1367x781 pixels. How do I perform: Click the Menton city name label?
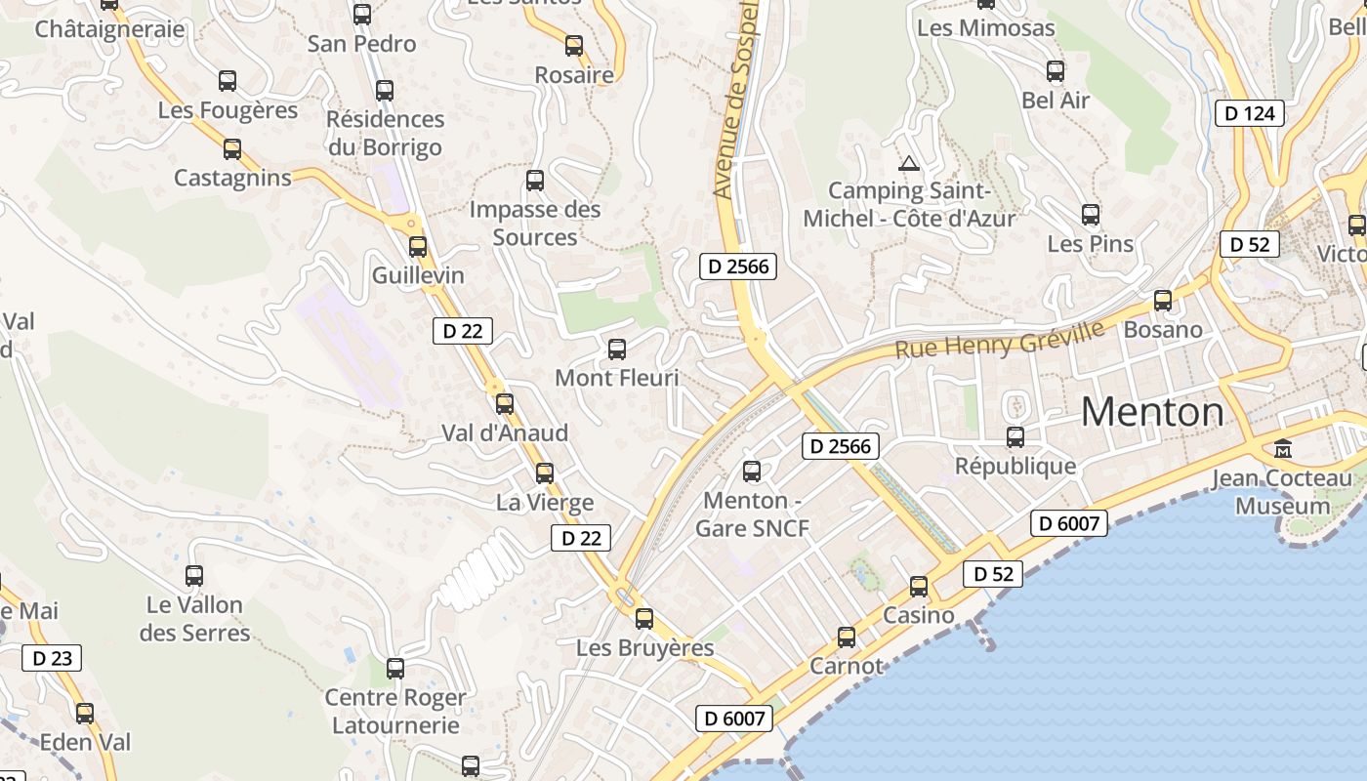pos(1152,412)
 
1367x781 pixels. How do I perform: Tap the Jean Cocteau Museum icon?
pos(1283,449)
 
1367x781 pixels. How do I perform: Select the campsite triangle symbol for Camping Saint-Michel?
pos(909,163)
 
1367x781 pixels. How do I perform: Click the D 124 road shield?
pos(1250,113)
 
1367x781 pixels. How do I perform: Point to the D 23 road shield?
pos(52,658)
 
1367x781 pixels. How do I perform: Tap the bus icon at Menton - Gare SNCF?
pos(751,472)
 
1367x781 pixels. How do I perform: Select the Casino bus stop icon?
pos(919,587)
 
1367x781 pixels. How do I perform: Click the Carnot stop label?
pos(846,666)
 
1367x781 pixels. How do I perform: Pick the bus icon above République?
pos(1015,437)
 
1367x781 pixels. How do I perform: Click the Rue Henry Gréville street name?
pos(1000,339)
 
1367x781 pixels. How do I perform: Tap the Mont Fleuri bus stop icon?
pos(617,349)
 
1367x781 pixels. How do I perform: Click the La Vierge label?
pos(545,503)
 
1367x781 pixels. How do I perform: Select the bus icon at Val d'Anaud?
pos(505,403)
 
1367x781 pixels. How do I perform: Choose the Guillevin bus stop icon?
pos(418,247)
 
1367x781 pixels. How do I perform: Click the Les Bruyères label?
pos(644,647)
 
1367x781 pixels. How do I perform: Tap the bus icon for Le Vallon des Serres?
pos(194,576)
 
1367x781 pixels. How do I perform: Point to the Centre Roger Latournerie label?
pos(395,712)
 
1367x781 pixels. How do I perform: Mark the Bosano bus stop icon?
pos(1162,301)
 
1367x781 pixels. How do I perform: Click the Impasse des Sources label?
pos(535,223)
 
